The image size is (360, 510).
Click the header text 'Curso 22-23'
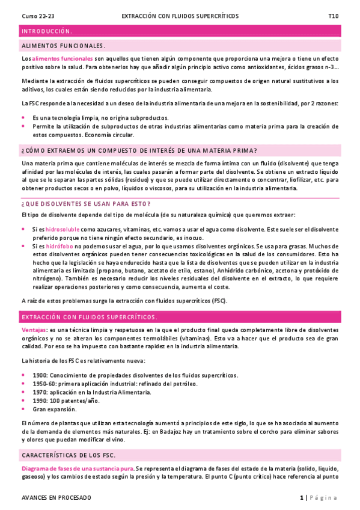37,16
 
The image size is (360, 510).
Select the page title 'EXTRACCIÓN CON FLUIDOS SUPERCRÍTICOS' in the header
180,16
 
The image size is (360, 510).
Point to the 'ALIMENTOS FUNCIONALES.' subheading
63,46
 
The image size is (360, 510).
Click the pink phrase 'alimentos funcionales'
63,59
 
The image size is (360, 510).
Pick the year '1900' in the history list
40,375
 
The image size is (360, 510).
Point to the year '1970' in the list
40,392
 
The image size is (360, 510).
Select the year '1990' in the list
40,401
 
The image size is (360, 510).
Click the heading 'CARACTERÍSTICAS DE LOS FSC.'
68,455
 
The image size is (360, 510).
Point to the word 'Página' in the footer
325,498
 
